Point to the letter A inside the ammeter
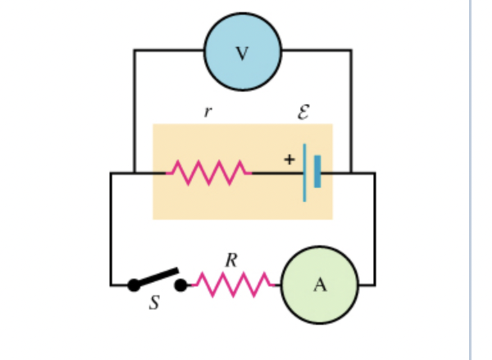pos(320,286)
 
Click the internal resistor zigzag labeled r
pos(209,172)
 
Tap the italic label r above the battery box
pos(207,112)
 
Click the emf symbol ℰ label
pos(303,113)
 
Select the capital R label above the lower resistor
pos(231,260)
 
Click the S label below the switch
pos(154,303)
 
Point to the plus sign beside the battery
pos(289,160)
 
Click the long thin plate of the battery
pos(304,172)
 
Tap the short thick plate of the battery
pos(317,172)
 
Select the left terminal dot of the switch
pos(133,285)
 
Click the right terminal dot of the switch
pos(181,285)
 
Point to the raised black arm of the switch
pos(157,277)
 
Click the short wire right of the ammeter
pos(366,285)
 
